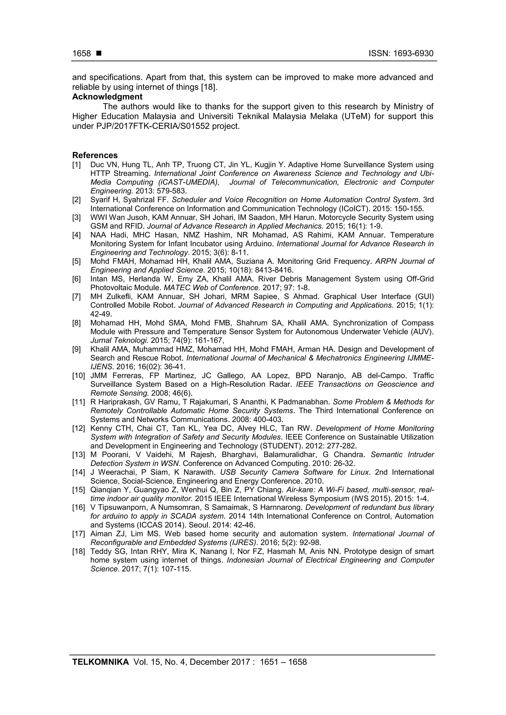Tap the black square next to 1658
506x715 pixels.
tap(99, 54)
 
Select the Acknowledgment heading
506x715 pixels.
tap(107, 97)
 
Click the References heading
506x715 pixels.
tap(95, 155)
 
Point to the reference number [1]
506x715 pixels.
tap(76, 165)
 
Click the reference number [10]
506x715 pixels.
tap(78, 376)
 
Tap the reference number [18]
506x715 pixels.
tap(78, 552)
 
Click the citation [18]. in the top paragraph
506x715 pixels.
tap(209, 87)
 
